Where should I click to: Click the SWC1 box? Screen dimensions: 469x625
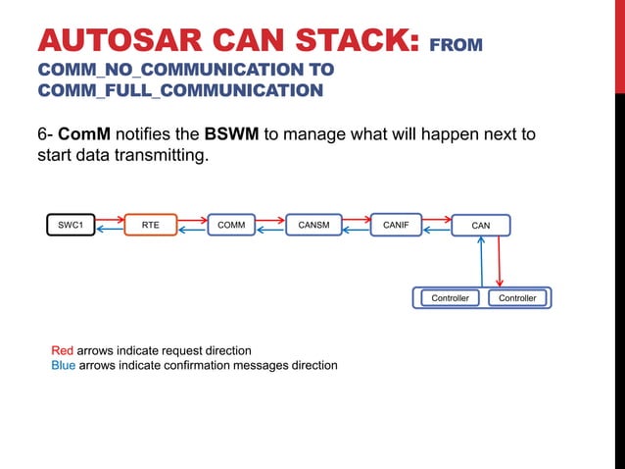point(71,225)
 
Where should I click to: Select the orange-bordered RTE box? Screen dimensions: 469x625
point(151,225)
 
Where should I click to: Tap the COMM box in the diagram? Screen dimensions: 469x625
point(231,225)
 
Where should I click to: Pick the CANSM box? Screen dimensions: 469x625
point(313,225)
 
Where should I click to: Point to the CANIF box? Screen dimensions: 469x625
point(396,225)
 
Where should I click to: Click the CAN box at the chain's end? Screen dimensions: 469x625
point(481,226)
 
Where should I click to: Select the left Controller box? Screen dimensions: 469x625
point(451,297)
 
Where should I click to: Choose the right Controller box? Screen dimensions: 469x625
point(517,297)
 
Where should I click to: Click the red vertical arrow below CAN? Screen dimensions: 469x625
point(502,262)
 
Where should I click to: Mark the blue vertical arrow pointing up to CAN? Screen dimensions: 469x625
point(481,262)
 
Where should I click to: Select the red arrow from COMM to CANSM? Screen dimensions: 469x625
point(271,219)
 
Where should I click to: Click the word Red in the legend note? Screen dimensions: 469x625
point(62,350)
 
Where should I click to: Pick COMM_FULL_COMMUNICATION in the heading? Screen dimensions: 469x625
point(180,90)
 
